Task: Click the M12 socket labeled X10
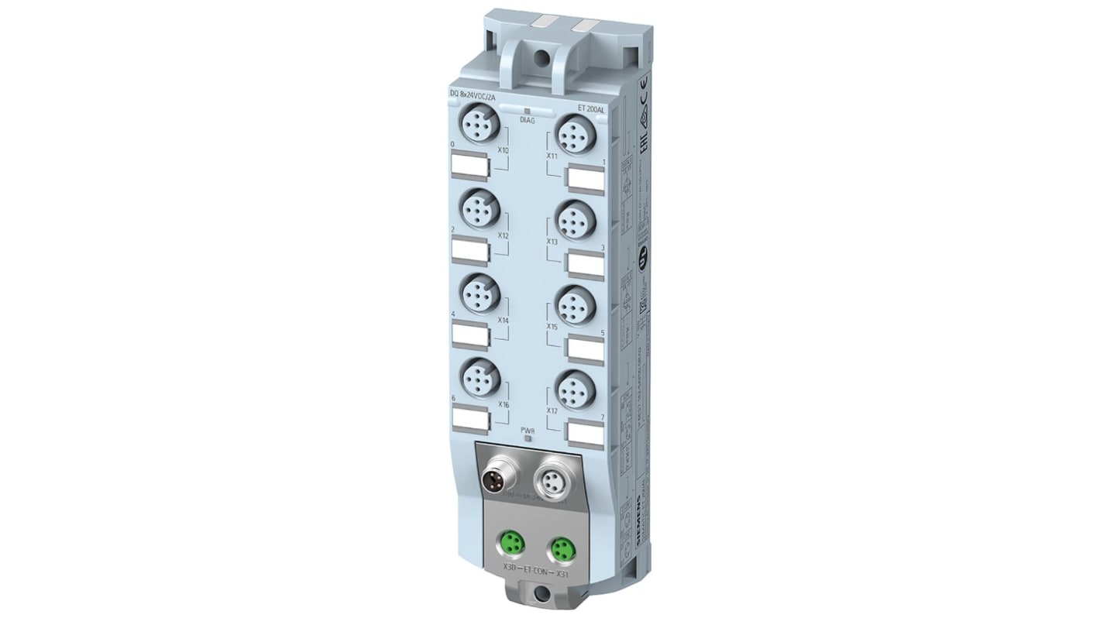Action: [x=477, y=124]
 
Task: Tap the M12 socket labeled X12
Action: [x=477, y=208]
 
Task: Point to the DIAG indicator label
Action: [x=526, y=120]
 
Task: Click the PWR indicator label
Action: [x=527, y=429]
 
